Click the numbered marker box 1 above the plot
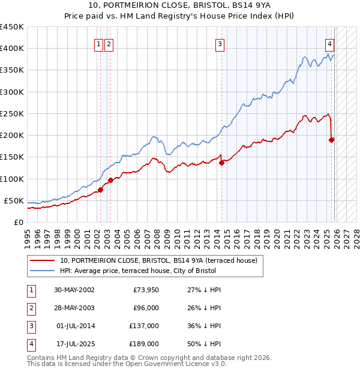click(x=98, y=43)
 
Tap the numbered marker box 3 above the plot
click(x=220, y=43)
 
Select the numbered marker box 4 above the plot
click(x=330, y=43)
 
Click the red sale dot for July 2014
click(x=221, y=162)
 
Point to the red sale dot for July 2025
click(x=331, y=140)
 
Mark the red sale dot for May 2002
click(x=101, y=190)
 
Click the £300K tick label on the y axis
click(x=12, y=92)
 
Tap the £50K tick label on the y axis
click(x=14, y=200)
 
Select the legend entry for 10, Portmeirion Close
click(x=158, y=260)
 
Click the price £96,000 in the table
click(x=145, y=308)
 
